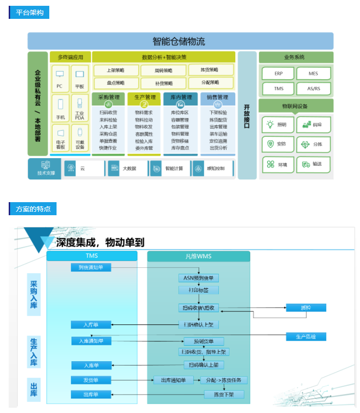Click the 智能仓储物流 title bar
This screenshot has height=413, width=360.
[180, 41]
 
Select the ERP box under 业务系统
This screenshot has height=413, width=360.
[278, 74]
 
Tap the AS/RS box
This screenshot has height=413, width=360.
[314, 88]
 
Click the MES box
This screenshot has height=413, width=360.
[314, 74]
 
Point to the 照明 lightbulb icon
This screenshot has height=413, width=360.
[271, 124]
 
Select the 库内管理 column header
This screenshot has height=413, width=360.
[181, 97]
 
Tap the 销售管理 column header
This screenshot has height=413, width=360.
[217, 97]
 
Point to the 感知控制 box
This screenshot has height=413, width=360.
[212, 168]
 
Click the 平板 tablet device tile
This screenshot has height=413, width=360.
[80, 79]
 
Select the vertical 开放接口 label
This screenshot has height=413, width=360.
[247, 116]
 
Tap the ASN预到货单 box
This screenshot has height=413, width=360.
[198, 278]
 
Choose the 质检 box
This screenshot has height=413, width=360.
[306, 308]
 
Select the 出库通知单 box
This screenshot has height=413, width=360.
[173, 380]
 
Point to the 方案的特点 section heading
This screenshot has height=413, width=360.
[33, 209]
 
